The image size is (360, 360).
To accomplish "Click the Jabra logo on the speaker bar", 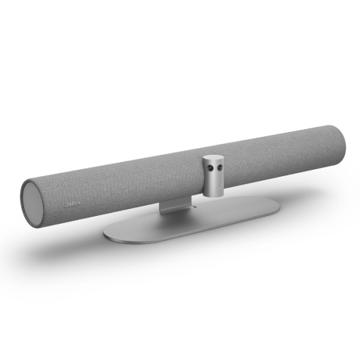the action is tap(73, 204).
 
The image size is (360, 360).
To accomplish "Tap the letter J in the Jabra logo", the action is tap(66, 204).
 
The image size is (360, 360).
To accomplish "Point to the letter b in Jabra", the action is tap(72, 204).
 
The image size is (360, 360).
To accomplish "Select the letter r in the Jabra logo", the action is tap(75, 204).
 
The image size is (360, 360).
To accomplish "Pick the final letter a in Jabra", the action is tap(78, 203).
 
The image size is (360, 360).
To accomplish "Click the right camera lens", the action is tap(220, 166).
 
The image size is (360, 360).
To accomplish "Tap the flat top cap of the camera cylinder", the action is tap(213, 158).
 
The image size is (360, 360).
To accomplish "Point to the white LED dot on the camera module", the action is tap(220, 189).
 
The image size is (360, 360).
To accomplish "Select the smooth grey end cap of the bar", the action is tap(33, 202).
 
